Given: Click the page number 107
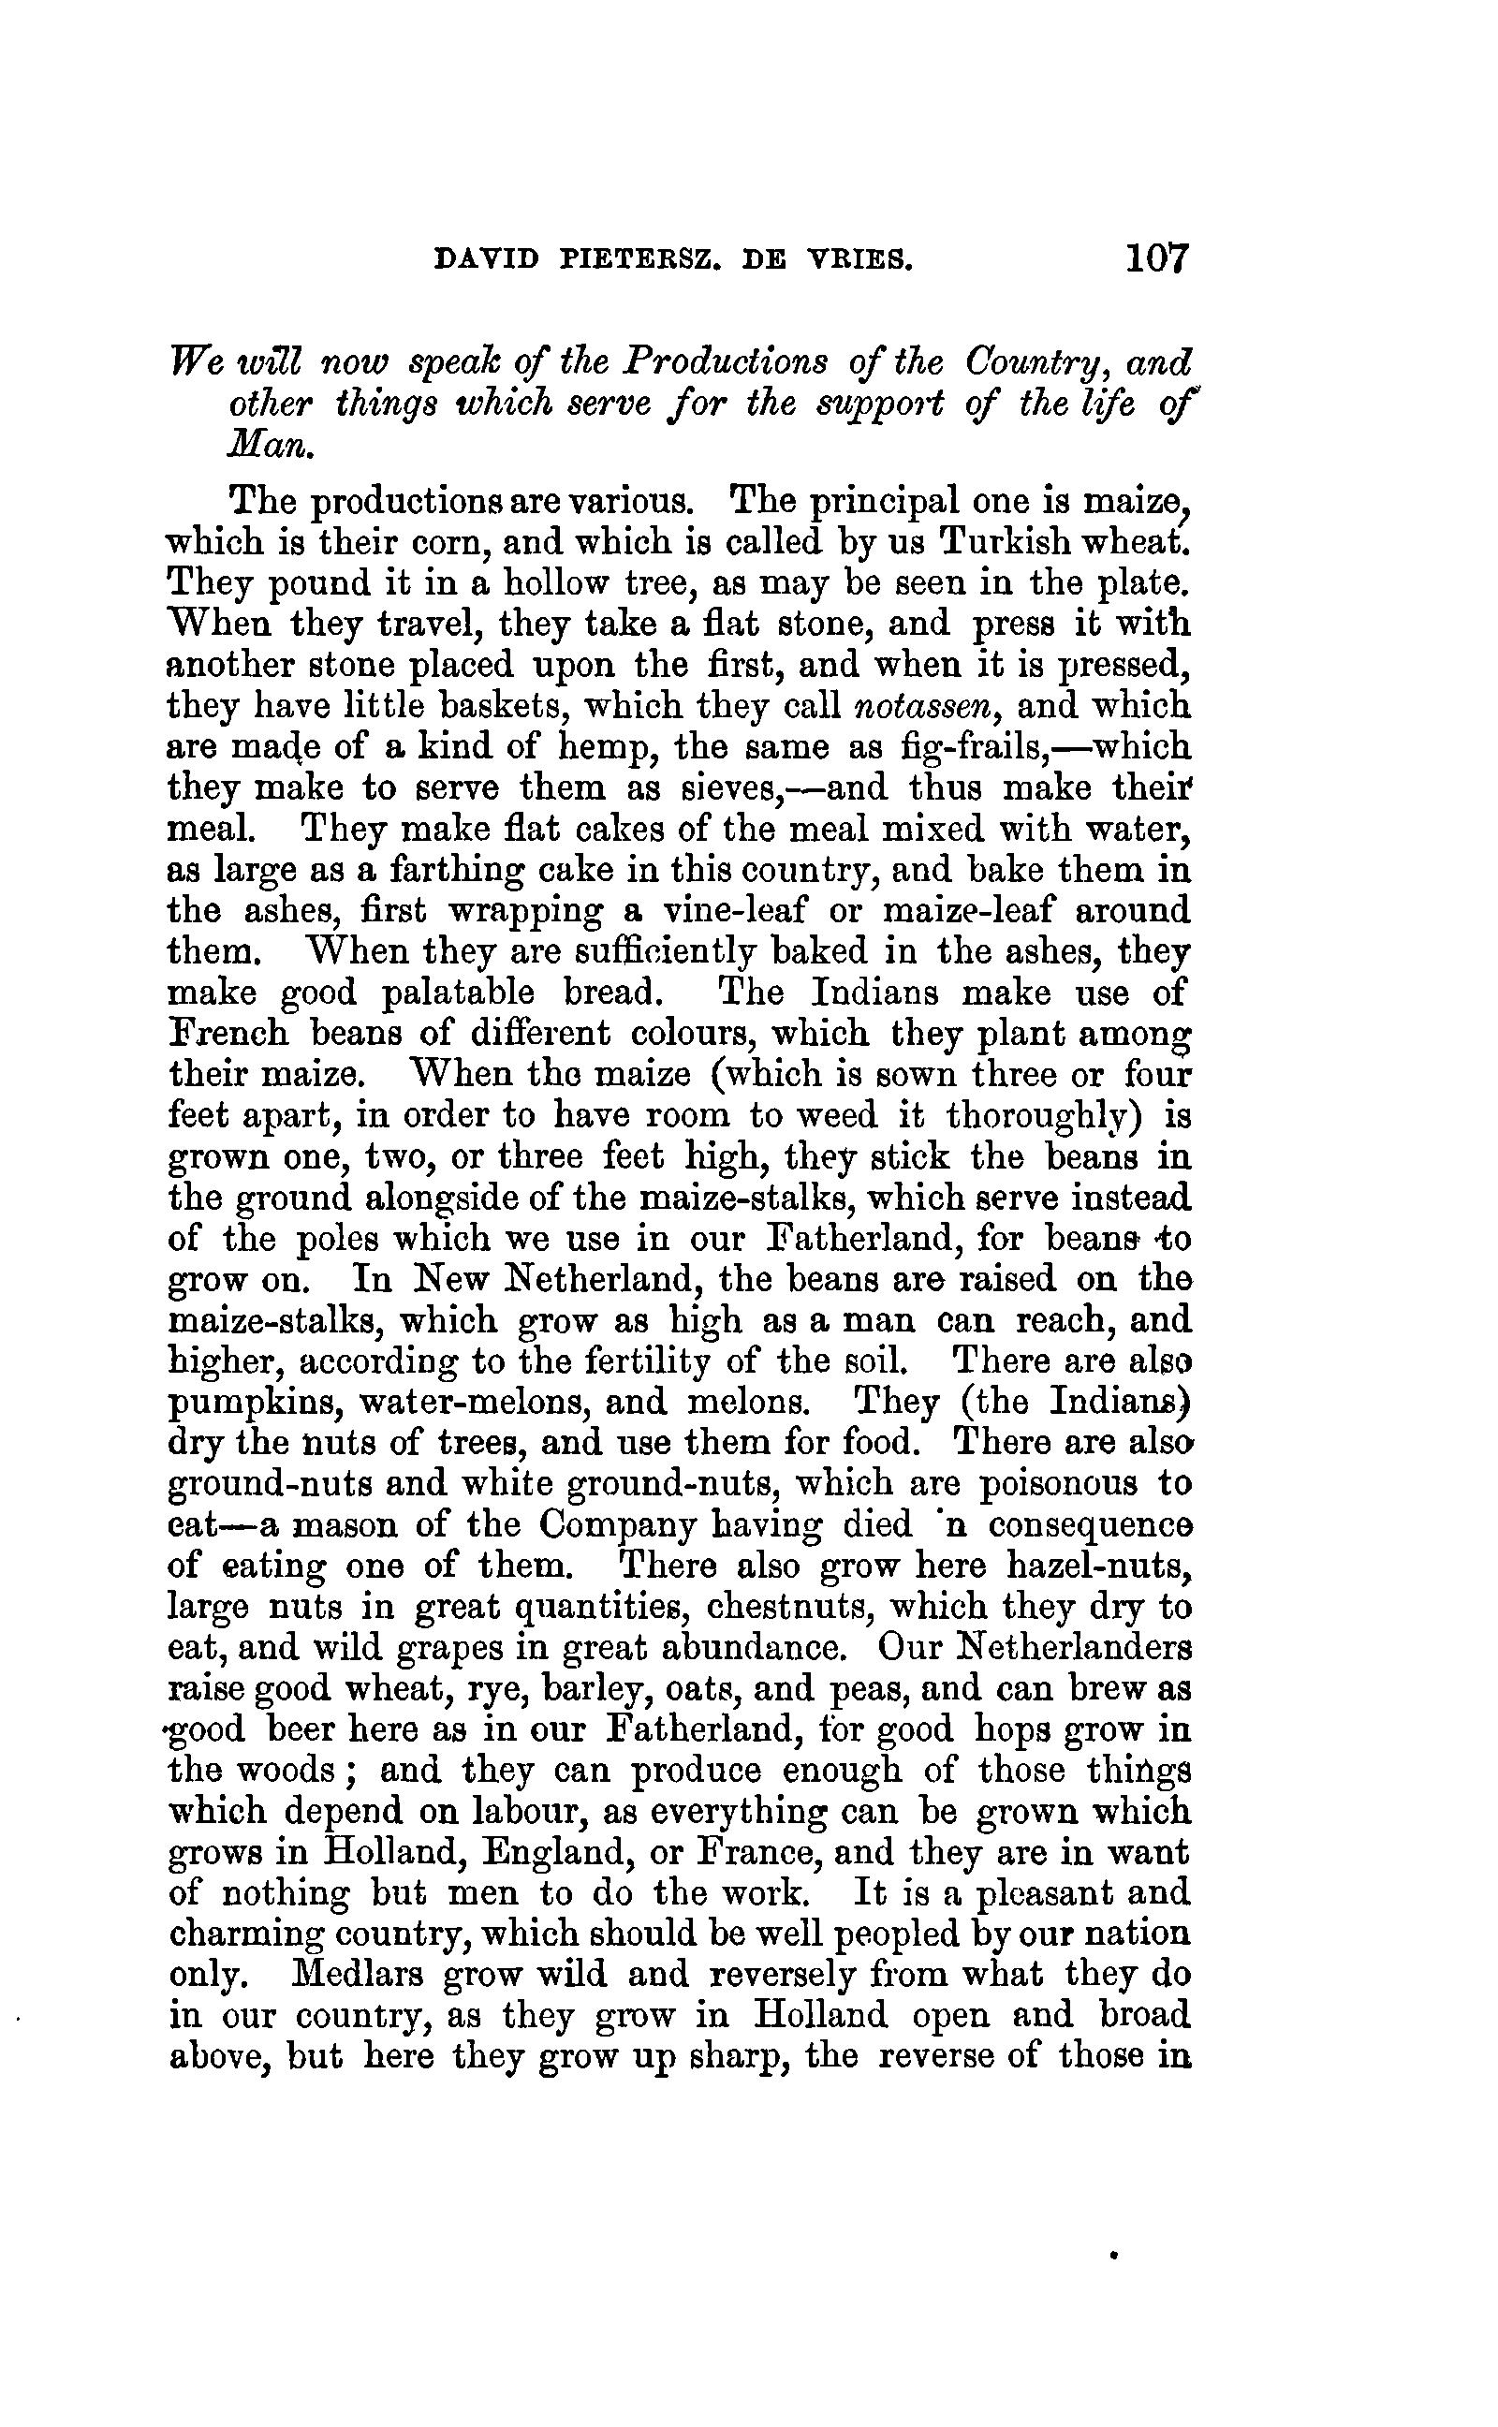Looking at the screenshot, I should (x=1155, y=259).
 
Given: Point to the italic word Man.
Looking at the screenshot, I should (x=271, y=446).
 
